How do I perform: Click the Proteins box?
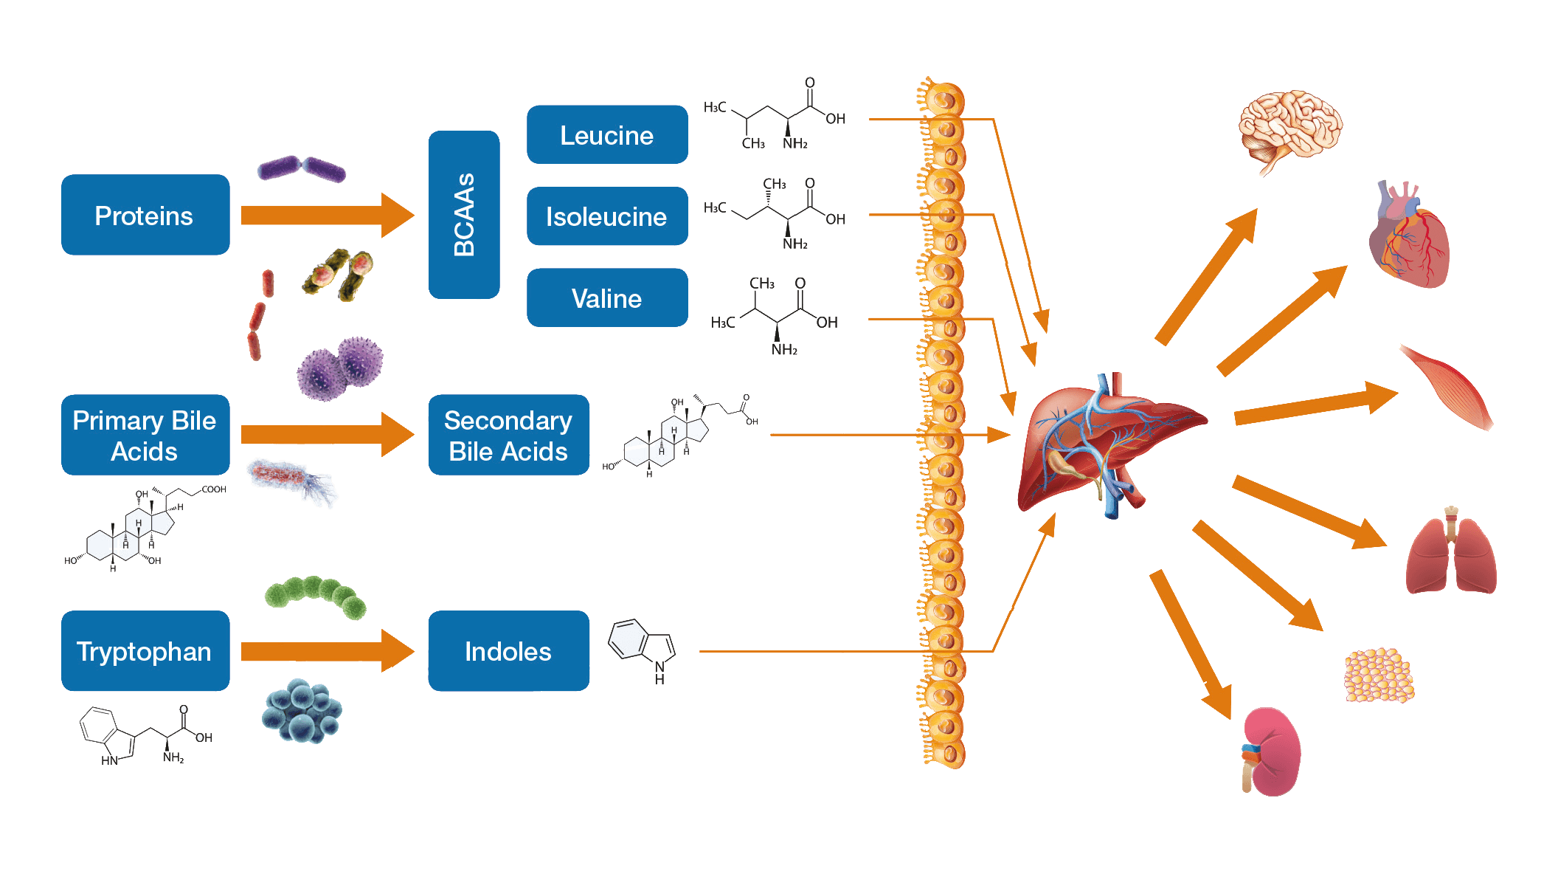(x=145, y=215)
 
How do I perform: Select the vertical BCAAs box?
(x=464, y=215)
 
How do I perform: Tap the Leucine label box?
(x=607, y=134)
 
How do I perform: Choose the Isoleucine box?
(x=607, y=216)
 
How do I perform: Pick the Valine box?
(x=607, y=298)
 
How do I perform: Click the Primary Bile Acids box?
(x=145, y=435)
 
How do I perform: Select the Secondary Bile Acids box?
(x=508, y=435)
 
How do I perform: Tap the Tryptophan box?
(x=145, y=651)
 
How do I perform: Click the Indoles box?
(x=508, y=651)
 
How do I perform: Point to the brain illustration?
(x=1289, y=127)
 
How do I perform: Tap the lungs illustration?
(x=1451, y=554)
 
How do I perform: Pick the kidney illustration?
(x=1271, y=752)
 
